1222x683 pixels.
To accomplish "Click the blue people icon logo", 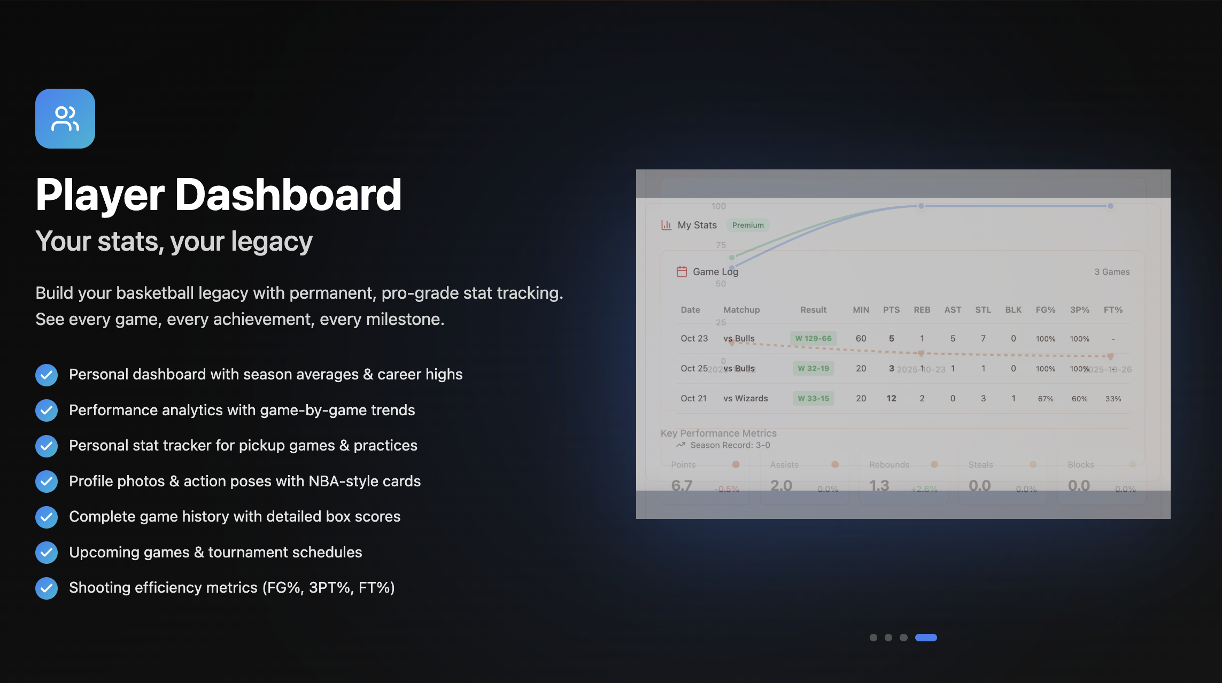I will pyautogui.click(x=65, y=119).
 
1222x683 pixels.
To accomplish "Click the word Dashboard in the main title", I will pyautogui.click(x=288, y=195).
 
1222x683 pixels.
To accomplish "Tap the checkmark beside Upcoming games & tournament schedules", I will pyautogui.click(x=47, y=553).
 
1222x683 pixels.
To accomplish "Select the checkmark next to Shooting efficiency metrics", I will pyautogui.click(x=47, y=588).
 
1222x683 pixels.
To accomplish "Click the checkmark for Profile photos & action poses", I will pyautogui.click(x=47, y=482).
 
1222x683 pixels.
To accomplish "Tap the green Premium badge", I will pyautogui.click(x=747, y=225).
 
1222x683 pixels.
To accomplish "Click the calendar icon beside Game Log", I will pyautogui.click(x=682, y=271).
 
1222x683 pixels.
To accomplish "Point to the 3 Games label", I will pyautogui.click(x=1111, y=271).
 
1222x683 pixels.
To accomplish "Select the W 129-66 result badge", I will pyautogui.click(x=813, y=338).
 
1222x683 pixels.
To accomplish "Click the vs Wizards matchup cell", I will pyautogui.click(x=745, y=398).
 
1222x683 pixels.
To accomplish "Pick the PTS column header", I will pyautogui.click(x=891, y=309).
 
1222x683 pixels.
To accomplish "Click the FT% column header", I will pyautogui.click(x=1113, y=309).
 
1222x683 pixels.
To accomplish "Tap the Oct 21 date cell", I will pyautogui.click(x=693, y=398).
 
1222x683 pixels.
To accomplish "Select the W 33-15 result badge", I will pyautogui.click(x=813, y=398).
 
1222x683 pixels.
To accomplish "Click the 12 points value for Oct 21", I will pyautogui.click(x=891, y=398).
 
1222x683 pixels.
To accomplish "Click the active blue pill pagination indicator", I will pyautogui.click(x=926, y=637).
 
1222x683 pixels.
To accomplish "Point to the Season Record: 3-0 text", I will pyautogui.click(x=730, y=445).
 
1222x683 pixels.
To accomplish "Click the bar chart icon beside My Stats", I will pyautogui.click(x=666, y=225).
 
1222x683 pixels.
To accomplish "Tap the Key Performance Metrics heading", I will pyautogui.click(x=718, y=433).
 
